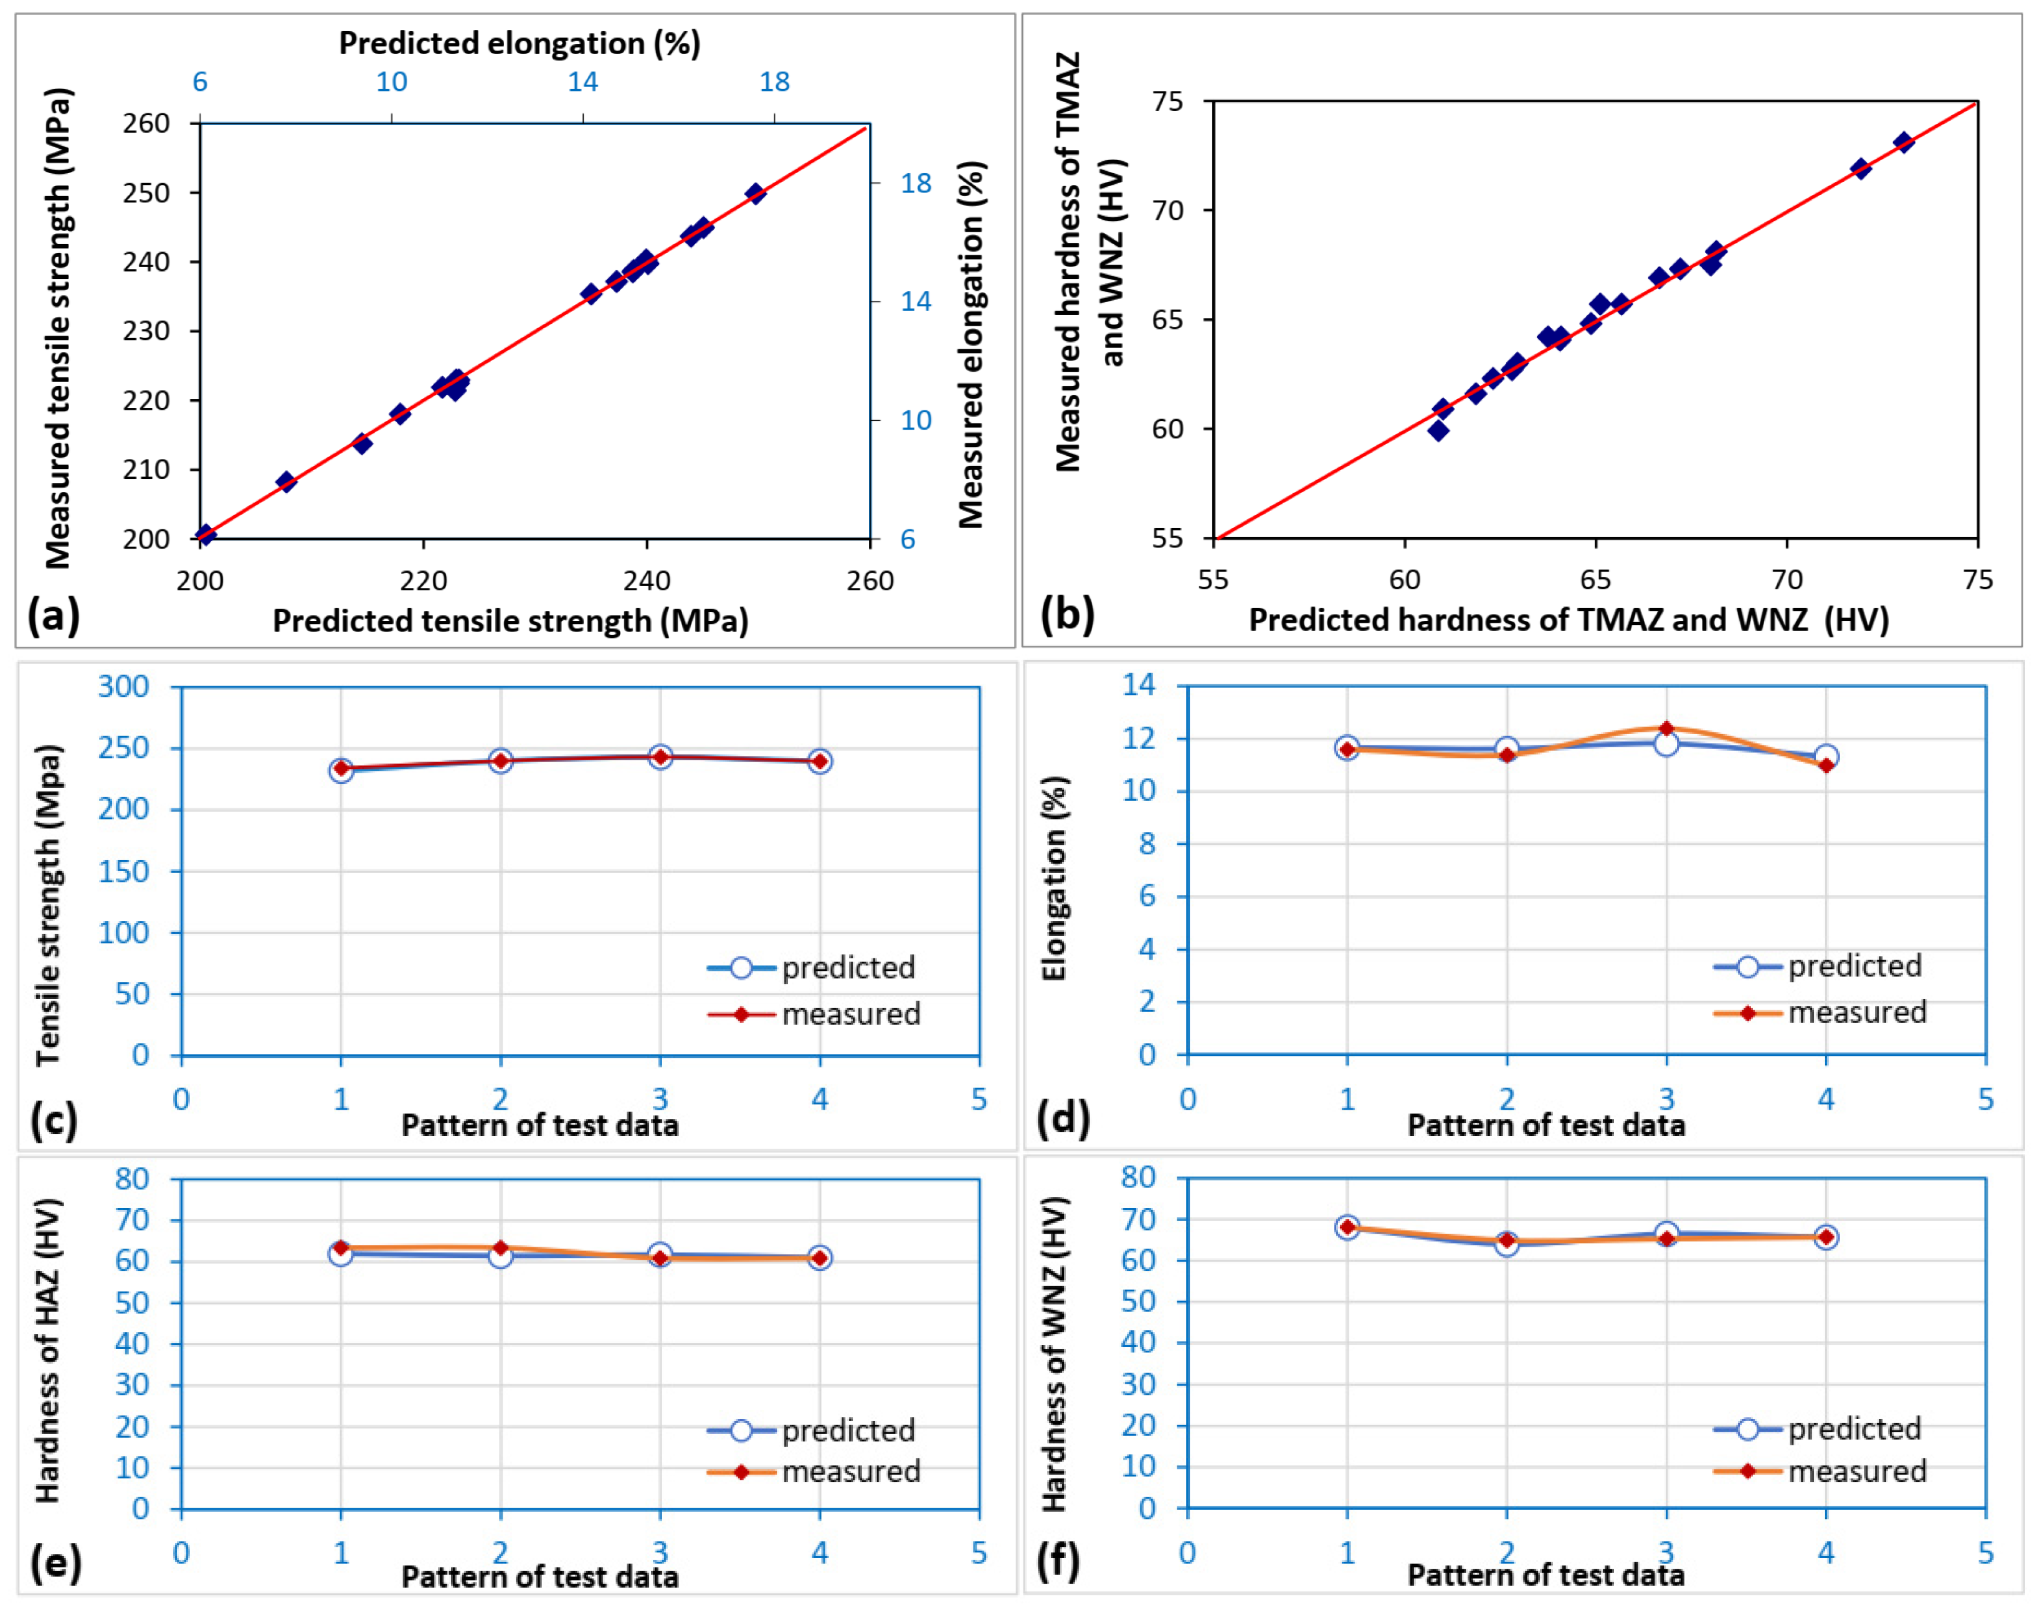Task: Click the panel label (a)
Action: coord(54,616)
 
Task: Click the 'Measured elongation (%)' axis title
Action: coord(972,344)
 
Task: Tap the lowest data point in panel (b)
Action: coord(1438,431)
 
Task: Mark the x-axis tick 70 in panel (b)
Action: coord(1787,579)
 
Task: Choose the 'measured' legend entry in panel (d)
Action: coord(1819,1012)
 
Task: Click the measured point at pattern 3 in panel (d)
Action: coord(1666,729)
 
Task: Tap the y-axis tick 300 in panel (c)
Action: coord(123,686)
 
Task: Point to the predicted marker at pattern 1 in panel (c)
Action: coord(341,770)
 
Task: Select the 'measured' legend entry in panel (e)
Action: coord(812,1471)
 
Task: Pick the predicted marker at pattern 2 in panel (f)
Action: coord(1507,1244)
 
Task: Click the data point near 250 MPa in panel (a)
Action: coord(755,194)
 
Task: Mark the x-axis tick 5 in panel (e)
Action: coord(979,1551)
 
